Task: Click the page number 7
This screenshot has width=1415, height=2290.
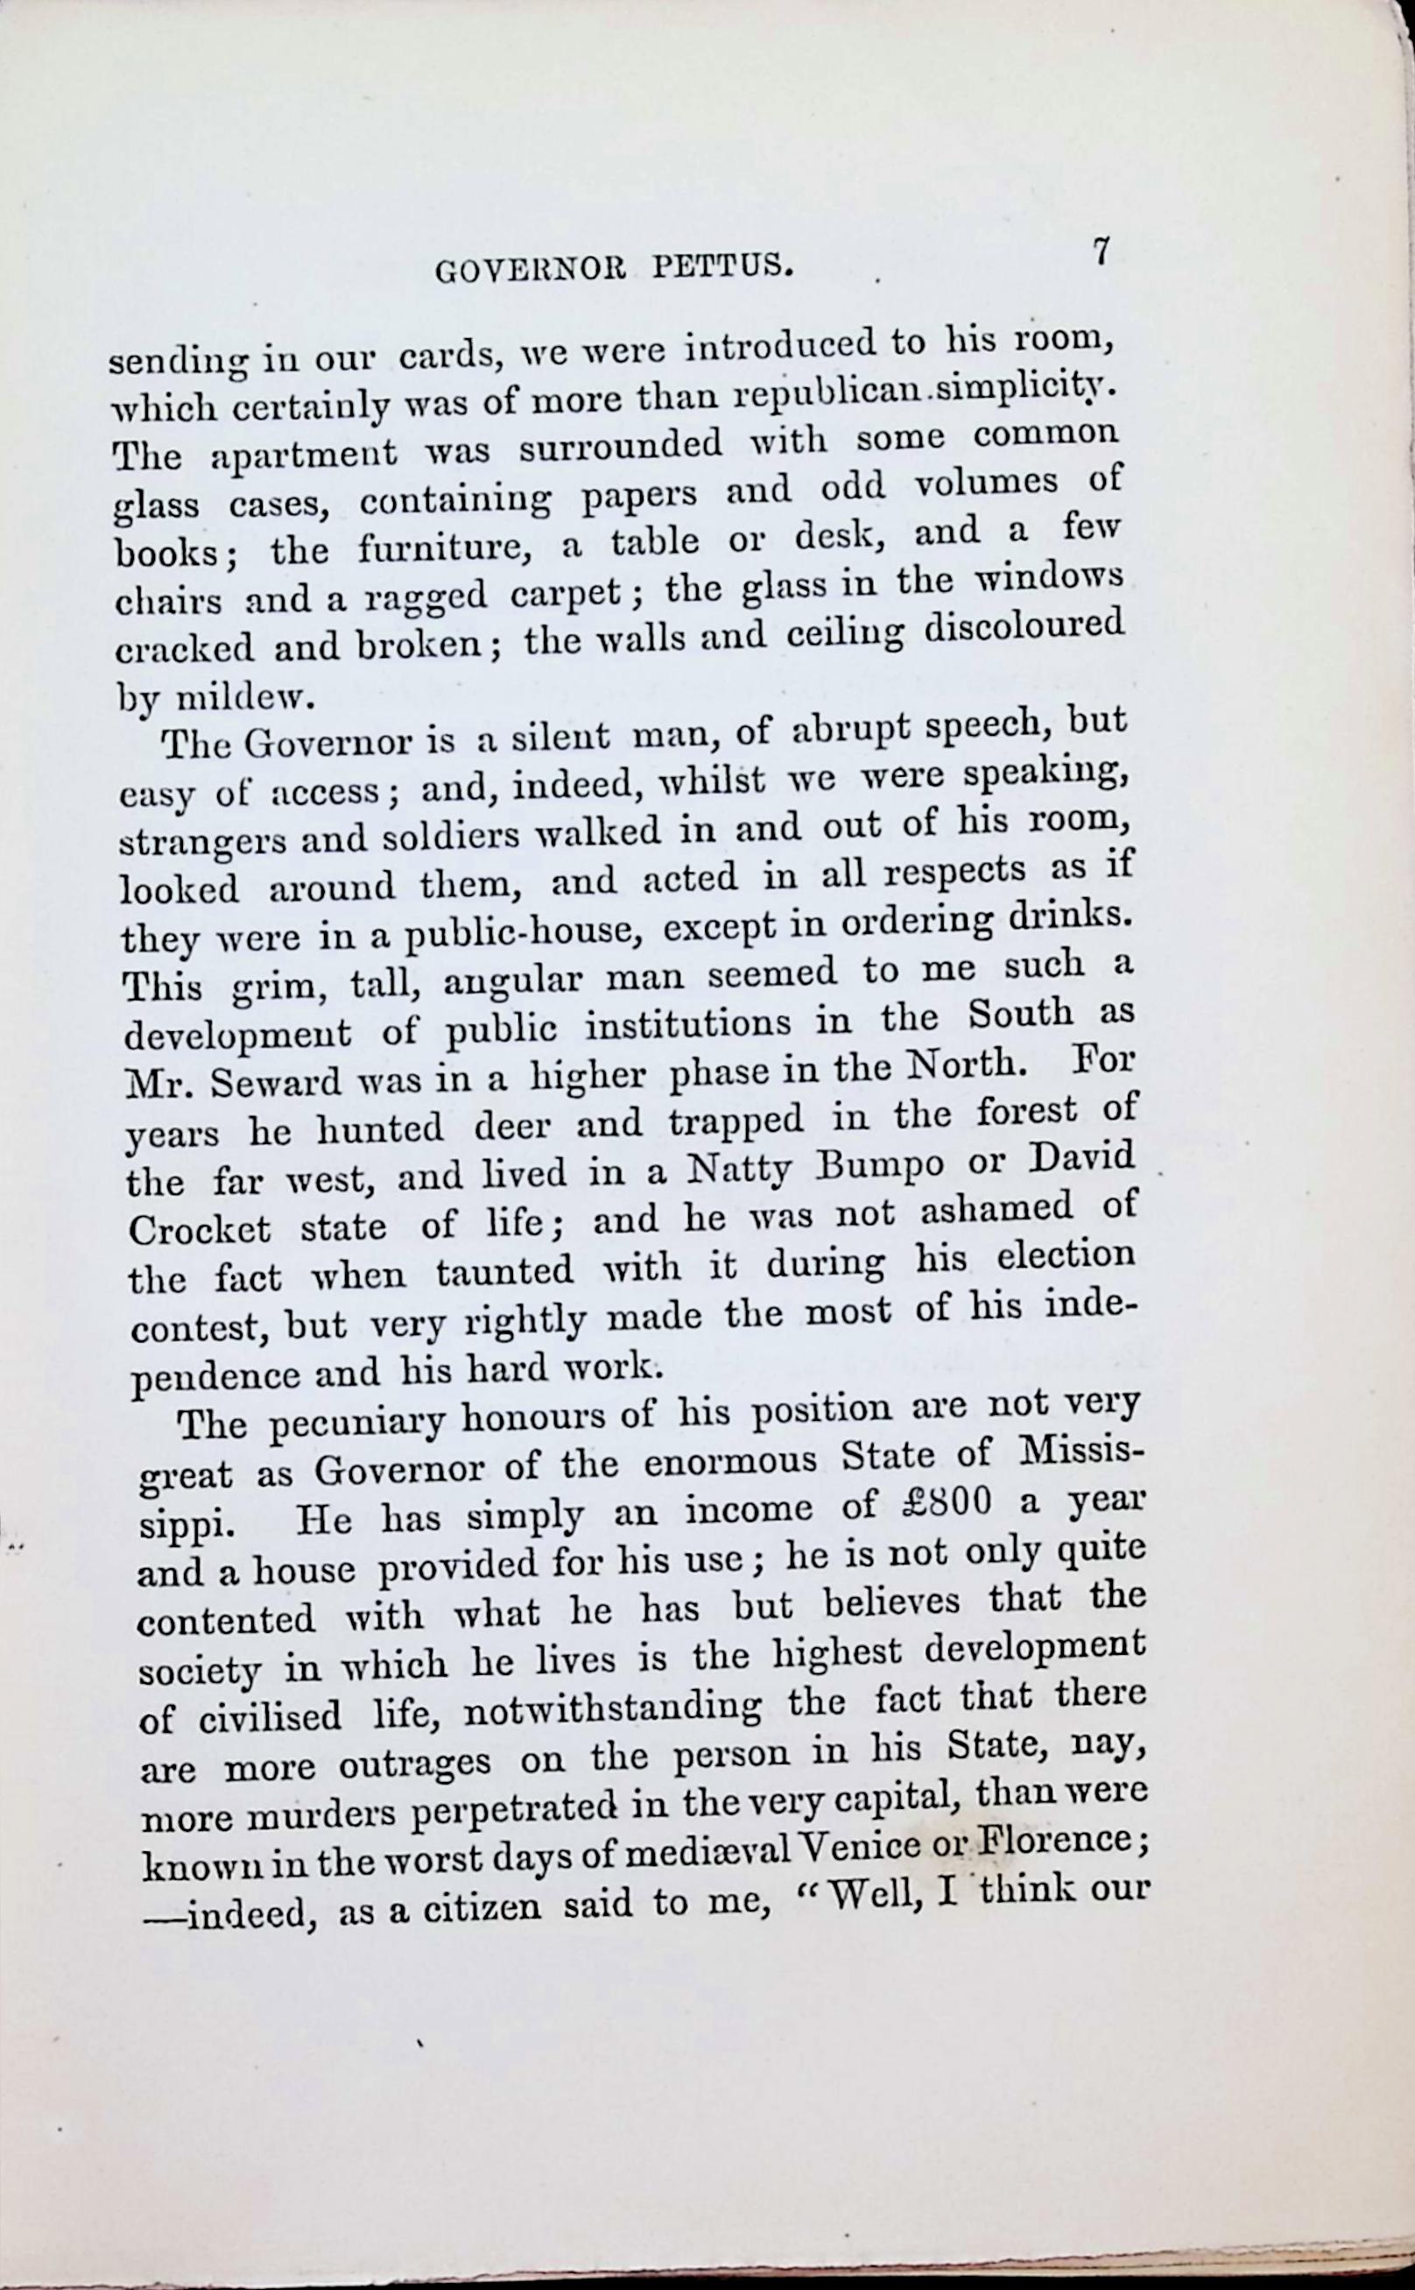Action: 1102,253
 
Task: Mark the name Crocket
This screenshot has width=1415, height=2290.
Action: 201,1229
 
